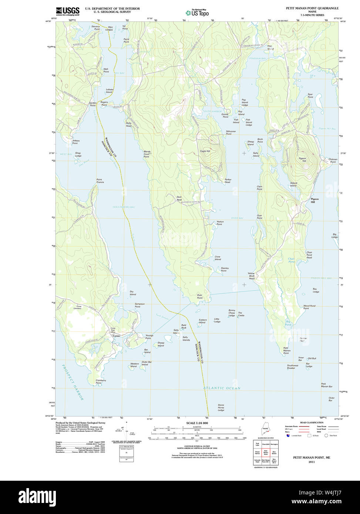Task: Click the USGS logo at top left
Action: (68, 11)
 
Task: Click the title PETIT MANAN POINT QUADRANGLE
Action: (312, 8)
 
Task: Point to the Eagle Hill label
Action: (205, 151)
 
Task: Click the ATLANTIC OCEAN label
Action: (222, 388)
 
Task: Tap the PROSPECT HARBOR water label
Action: (73, 382)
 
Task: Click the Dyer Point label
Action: (200, 296)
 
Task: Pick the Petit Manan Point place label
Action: (286, 351)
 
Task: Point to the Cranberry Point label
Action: (101, 381)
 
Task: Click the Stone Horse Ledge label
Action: (221, 408)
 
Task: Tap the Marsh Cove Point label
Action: (147, 154)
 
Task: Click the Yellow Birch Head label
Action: (251, 275)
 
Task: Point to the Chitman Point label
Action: (333, 160)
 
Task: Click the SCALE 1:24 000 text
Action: (197, 423)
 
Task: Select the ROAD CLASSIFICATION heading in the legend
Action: (312, 423)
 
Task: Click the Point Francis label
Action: (100, 181)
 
